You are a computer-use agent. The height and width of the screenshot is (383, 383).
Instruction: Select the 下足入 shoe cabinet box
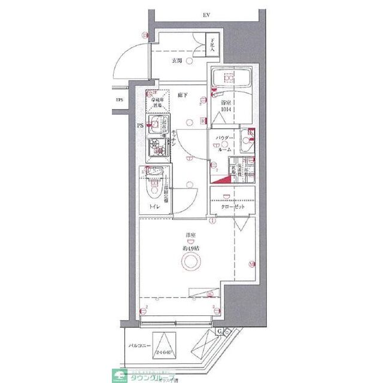(211, 45)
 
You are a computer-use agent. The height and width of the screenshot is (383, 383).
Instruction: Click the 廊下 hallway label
(183, 95)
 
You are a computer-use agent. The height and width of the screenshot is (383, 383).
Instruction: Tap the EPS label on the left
(120, 99)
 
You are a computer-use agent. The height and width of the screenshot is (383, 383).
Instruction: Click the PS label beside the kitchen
(141, 126)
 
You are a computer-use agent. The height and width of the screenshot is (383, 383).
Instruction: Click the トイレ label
(154, 208)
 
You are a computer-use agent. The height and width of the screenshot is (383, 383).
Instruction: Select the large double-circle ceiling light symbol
(191, 262)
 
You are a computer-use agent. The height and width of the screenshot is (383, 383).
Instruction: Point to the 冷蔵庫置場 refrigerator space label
(156, 102)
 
